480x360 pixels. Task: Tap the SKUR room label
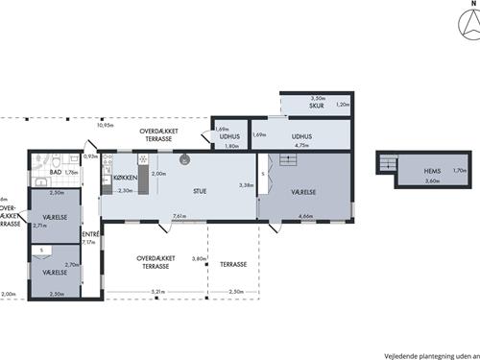[317, 106]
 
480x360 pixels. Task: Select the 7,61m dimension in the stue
[180, 216]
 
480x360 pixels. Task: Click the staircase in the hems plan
[387, 166]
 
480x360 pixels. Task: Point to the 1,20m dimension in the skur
[344, 104]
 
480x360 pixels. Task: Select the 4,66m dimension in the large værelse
[306, 216]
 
